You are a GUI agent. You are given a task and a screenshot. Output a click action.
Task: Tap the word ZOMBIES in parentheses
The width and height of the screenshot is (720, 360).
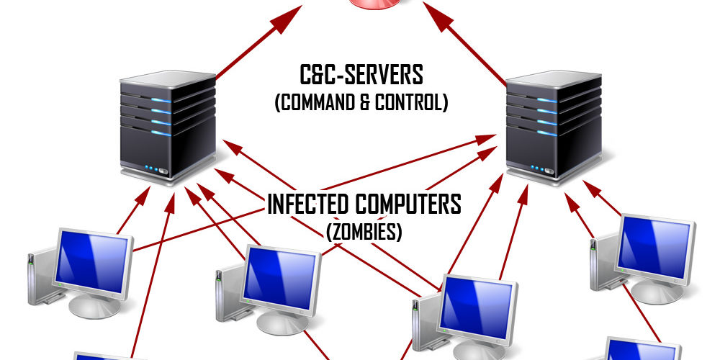pos(364,232)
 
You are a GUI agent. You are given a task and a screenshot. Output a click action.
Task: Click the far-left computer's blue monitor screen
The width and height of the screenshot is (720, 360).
pos(94,260)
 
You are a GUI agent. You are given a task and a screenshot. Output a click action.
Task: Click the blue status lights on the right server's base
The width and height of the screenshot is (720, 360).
pos(534,169)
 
